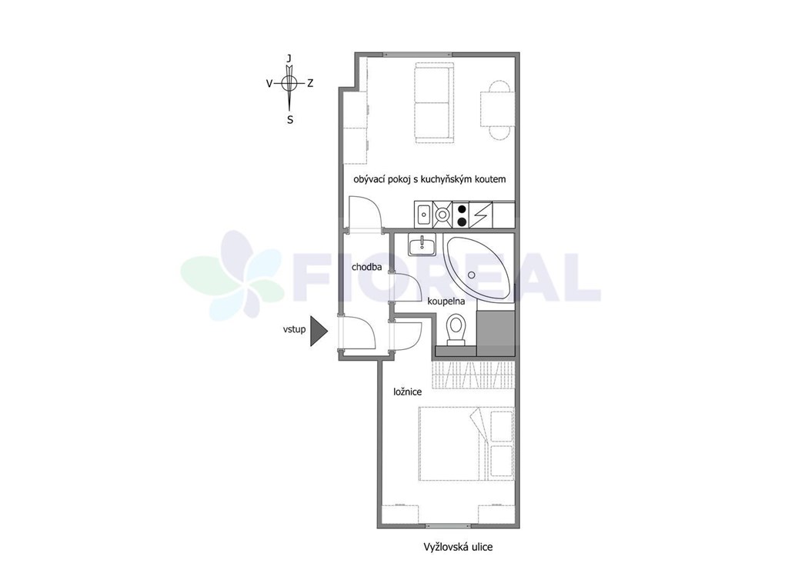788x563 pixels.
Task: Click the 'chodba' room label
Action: click(x=366, y=267)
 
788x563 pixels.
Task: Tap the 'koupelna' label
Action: click(x=446, y=301)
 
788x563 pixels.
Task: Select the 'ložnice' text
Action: click(x=408, y=391)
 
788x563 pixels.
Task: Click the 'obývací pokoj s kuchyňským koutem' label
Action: click(x=429, y=179)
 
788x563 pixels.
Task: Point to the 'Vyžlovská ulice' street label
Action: click(x=458, y=547)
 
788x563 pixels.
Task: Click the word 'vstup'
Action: click(x=294, y=330)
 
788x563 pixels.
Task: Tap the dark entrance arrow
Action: click(x=319, y=331)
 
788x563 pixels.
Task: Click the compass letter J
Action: click(x=289, y=58)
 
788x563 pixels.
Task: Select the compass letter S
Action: click(x=290, y=120)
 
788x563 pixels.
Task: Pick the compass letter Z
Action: click(x=310, y=83)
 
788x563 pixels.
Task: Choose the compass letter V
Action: click(x=269, y=83)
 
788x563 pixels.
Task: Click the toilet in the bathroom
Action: click(x=456, y=330)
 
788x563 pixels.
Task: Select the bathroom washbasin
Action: click(x=422, y=246)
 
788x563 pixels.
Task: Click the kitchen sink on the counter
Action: click(x=424, y=214)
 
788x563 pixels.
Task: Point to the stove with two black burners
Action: click(x=462, y=214)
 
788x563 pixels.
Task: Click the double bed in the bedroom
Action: click(x=466, y=444)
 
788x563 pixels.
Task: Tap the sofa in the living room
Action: click(x=434, y=102)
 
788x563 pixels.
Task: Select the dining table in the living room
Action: click(x=498, y=109)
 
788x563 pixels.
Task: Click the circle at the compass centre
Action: click(x=289, y=83)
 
